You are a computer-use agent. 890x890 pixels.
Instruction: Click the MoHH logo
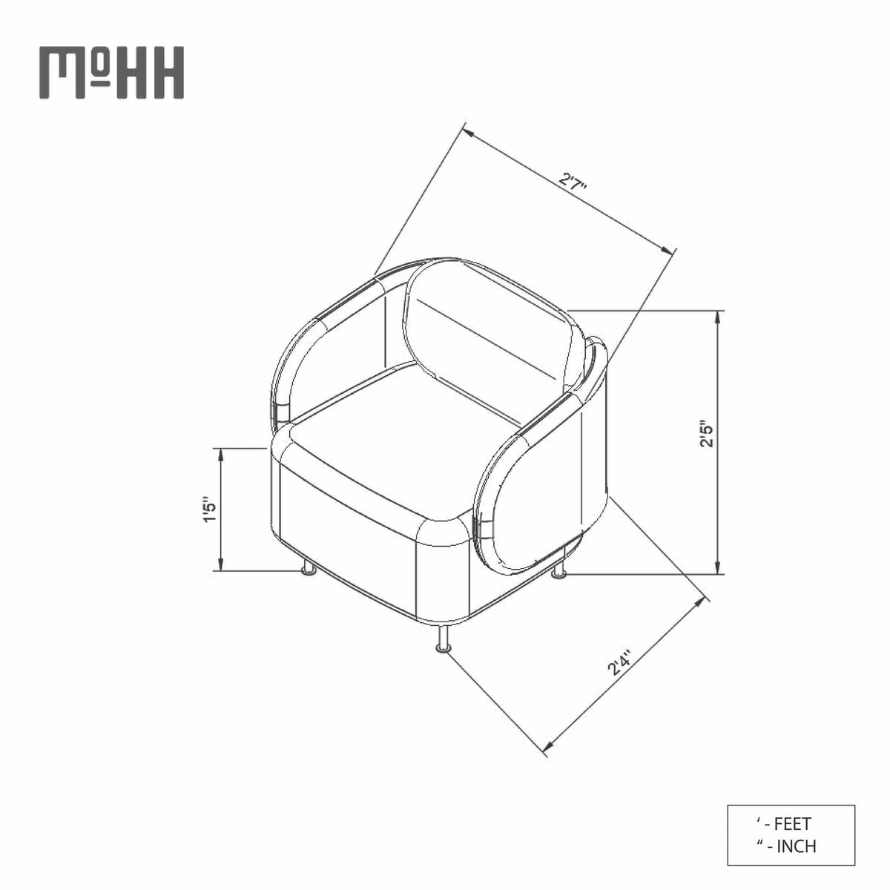111,73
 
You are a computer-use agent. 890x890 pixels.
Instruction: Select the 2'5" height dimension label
707,433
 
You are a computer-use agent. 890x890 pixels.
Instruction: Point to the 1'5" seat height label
208,510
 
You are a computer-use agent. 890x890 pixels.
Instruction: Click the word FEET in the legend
792,823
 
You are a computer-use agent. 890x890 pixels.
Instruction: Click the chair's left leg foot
308,569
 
